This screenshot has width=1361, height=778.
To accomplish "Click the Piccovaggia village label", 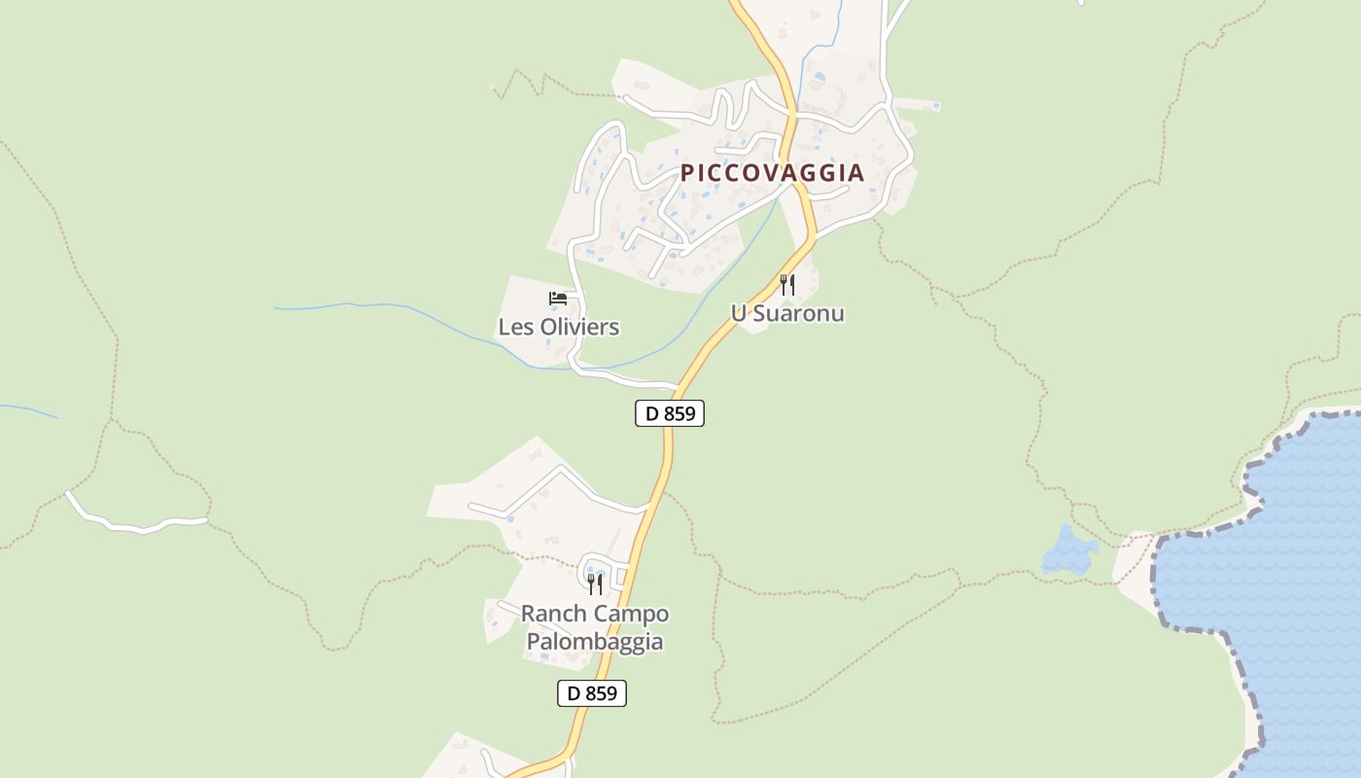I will tap(772, 173).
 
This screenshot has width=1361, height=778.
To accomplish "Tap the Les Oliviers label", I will tap(558, 327).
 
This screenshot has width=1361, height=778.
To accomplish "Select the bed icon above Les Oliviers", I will tap(558, 299).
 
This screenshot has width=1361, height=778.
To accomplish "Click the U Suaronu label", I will tap(787, 313).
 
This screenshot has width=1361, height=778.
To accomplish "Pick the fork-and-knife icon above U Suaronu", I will tap(787, 285).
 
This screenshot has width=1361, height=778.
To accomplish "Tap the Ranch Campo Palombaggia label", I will tap(595, 627).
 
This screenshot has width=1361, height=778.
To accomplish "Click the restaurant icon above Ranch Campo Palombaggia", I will tap(595, 583).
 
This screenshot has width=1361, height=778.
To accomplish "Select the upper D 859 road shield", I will tap(670, 413).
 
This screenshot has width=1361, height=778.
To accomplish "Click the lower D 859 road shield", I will tap(592, 693).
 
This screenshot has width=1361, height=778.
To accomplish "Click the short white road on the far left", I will tap(136, 523).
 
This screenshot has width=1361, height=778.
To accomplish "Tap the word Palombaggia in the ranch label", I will tap(595, 642).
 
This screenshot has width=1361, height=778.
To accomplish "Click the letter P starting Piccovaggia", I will tap(687, 173).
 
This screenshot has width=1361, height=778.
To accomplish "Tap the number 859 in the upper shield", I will tap(679, 413).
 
